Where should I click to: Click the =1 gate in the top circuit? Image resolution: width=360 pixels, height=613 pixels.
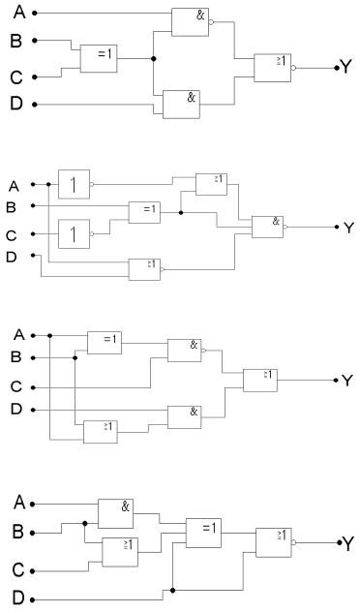(x=99, y=59)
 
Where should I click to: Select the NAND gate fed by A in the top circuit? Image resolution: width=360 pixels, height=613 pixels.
(x=191, y=22)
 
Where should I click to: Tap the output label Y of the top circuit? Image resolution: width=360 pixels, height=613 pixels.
(x=346, y=67)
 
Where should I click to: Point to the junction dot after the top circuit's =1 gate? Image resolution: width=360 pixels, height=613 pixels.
(x=153, y=59)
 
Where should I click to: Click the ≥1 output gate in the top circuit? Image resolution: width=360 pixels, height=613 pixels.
(x=273, y=68)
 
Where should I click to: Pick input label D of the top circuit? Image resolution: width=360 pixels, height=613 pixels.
(x=16, y=104)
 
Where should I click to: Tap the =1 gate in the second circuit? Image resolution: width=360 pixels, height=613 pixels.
(x=144, y=213)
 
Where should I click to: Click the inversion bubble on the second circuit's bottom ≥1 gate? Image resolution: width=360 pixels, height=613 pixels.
(x=163, y=269)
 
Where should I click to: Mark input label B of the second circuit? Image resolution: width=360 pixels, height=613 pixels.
(x=11, y=207)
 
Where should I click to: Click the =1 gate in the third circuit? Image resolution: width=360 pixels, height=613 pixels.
(x=105, y=343)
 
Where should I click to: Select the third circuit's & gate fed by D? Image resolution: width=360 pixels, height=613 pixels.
(x=185, y=417)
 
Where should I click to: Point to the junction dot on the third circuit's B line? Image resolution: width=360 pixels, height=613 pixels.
(x=75, y=357)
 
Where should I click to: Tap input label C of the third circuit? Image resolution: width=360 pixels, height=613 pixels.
(x=16, y=387)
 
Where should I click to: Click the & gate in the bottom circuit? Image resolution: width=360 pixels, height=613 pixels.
(x=115, y=513)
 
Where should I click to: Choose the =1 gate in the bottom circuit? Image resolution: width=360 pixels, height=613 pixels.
(x=203, y=533)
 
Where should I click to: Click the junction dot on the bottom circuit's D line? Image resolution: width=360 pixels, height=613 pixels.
(x=172, y=590)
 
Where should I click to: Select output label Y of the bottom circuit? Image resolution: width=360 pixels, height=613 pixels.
(x=347, y=543)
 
